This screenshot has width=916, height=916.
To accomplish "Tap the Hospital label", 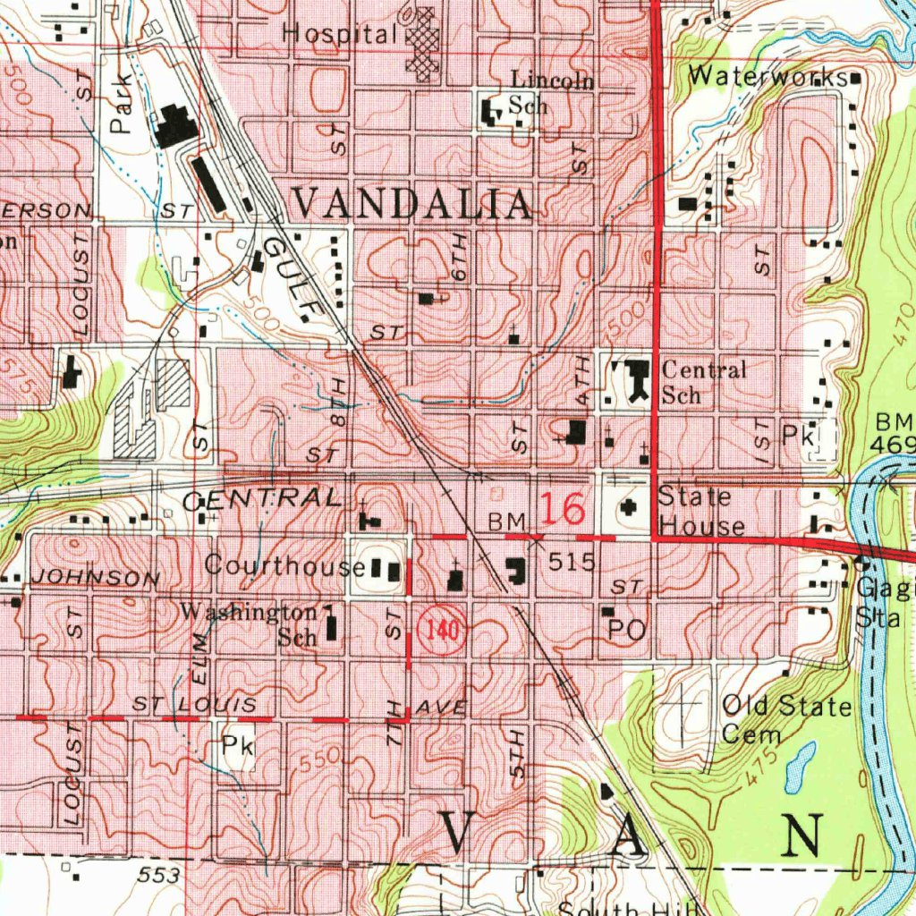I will [x=339, y=35].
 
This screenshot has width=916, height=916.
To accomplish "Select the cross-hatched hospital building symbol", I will [x=423, y=42].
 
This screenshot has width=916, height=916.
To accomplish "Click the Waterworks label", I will [x=767, y=77].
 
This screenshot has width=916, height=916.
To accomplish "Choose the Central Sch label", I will [x=703, y=381].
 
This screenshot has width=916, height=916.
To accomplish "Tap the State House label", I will [x=700, y=511].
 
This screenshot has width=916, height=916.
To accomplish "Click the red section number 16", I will [x=561, y=510].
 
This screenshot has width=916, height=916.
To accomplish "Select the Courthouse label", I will [x=284, y=565].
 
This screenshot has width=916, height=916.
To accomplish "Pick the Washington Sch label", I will [x=250, y=623].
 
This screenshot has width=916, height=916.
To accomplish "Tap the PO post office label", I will [x=627, y=630].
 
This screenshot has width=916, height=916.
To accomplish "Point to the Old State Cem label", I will [x=785, y=719].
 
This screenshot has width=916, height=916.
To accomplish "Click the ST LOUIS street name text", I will [x=194, y=706].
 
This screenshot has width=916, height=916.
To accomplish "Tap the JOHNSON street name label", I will [x=95, y=578].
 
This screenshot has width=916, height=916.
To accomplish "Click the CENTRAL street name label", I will [x=261, y=499].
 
